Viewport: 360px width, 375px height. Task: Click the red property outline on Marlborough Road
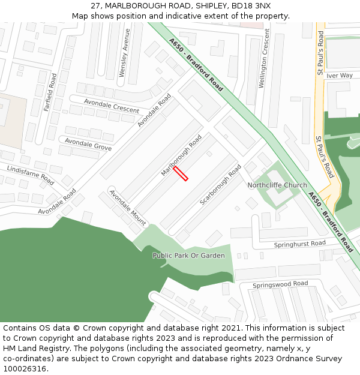point(181,173)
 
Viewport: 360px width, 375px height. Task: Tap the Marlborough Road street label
point(181,155)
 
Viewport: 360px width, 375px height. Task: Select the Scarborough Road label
point(220,184)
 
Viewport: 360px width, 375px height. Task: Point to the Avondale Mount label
point(127,208)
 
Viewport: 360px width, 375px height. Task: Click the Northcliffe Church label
point(277,185)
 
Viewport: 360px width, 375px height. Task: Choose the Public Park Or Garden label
point(188,256)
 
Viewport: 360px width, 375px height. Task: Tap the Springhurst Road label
point(299,244)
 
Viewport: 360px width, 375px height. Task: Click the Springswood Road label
point(280,284)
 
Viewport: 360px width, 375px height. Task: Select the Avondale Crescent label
point(112,106)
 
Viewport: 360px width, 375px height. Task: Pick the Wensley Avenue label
point(124,61)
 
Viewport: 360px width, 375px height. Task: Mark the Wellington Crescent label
point(263,62)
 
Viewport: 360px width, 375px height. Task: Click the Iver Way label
point(339,76)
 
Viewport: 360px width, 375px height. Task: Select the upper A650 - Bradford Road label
point(196,65)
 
